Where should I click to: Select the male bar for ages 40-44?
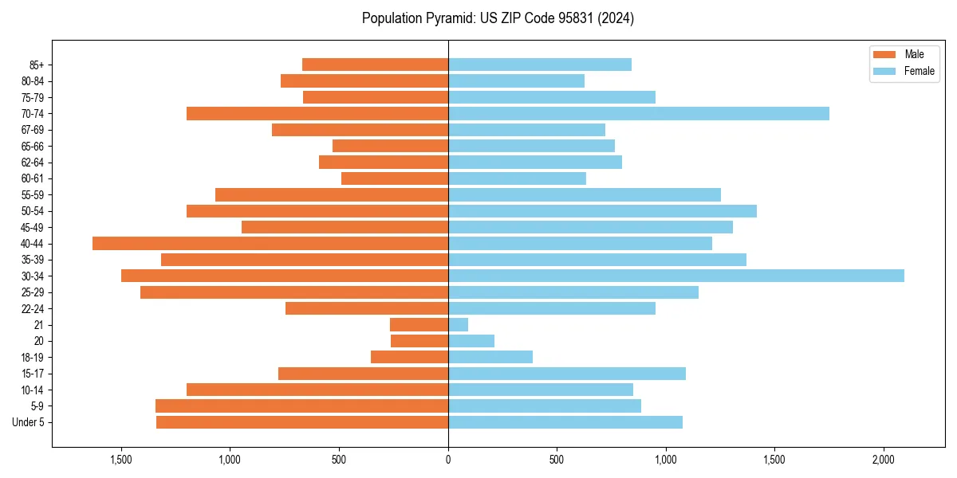click(270, 243)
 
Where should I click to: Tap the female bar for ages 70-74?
click(639, 113)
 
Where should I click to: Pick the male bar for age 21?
click(419, 325)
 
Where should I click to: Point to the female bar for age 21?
click(459, 325)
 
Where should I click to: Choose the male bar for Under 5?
click(302, 422)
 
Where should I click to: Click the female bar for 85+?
click(540, 65)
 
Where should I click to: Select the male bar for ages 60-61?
click(395, 178)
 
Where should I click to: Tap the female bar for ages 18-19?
click(490, 357)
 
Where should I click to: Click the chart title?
click(498, 18)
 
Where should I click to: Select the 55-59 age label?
click(33, 194)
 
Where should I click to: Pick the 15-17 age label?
click(33, 374)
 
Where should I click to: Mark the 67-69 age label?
click(33, 130)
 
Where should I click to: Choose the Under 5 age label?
click(29, 422)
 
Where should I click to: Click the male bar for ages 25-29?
click(294, 292)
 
